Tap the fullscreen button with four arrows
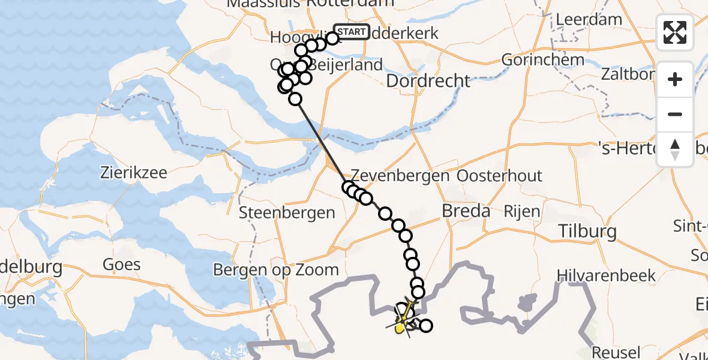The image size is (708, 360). (675, 32)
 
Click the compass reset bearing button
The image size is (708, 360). (675, 149)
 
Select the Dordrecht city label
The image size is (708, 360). (428, 80)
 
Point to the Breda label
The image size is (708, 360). (466, 211)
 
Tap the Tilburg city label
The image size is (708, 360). (587, 231)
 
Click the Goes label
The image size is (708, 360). (122, 264)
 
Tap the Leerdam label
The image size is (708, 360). (589, 19)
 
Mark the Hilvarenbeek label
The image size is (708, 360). (606, 275)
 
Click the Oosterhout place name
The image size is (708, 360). (499, 176)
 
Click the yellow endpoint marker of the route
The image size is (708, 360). (400, 328)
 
